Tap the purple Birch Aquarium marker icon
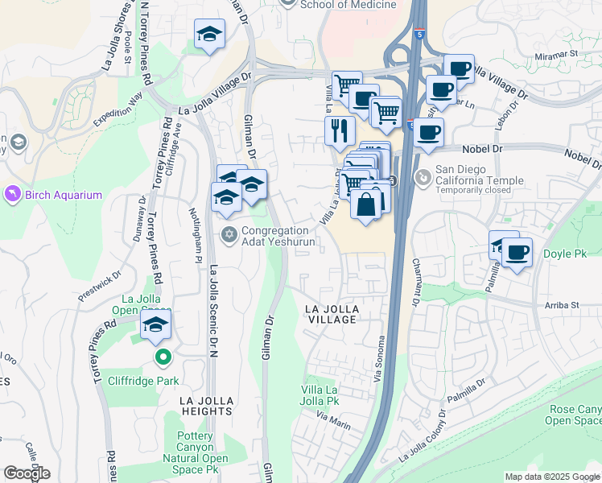click(12, 195)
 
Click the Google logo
click(27, 473)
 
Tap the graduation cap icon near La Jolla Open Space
click(156, 325)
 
